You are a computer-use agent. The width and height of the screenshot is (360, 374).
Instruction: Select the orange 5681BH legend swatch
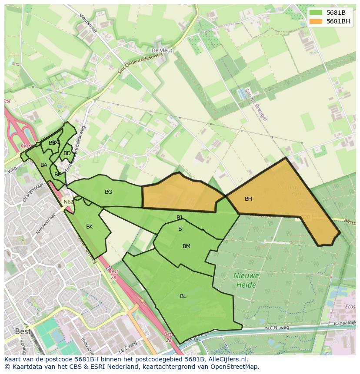pyautogui.click(x=316, y=21)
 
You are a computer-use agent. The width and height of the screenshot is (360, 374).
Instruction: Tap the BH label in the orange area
pyautogui.click(x=248, y=199)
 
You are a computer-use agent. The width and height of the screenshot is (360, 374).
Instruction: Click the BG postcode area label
pyautogui.click(x=109, y=192)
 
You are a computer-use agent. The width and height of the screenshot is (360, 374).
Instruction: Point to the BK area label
pyautogui.click(x=90, y=227)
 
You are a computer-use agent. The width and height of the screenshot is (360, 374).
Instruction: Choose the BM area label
pyautogui.click(x=187, y=246)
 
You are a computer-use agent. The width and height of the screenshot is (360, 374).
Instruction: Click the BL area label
pyautogui.click(x=183, y=296)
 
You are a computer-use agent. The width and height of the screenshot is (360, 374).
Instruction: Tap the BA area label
pyautogui.click(x=44, y=165)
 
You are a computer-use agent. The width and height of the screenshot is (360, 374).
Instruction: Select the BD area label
pyautogui.click(x=67, y=153)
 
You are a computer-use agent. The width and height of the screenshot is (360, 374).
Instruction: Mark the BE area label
pyautogui.click(x=58, y=175)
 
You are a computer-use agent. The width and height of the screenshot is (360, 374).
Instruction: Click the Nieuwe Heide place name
pyautogui.click(x=246, y=281)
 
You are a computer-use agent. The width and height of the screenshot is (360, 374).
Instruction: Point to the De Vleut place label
pyautogui.click(x=162, y=51)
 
